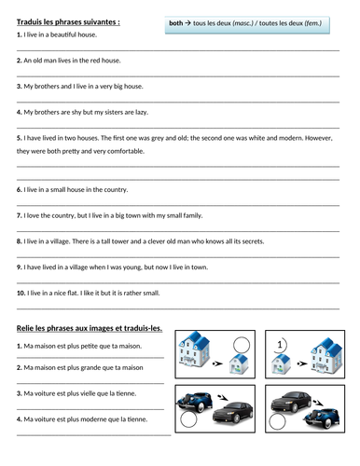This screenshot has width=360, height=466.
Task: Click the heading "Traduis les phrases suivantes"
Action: [66, 21]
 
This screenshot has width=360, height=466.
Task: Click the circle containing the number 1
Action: [280, 346]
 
